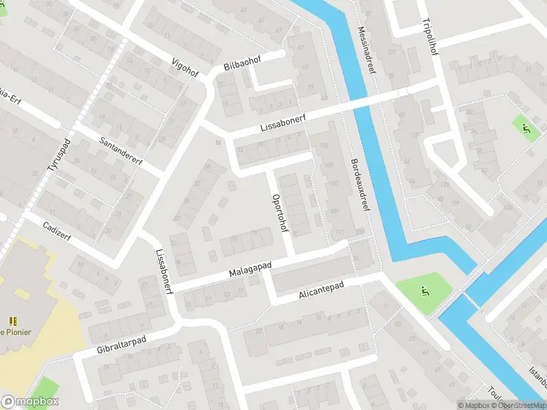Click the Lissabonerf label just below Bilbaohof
(282, 123)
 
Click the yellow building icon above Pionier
(12, 320)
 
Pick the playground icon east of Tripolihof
(526, 126)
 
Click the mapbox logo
(30, 402)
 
